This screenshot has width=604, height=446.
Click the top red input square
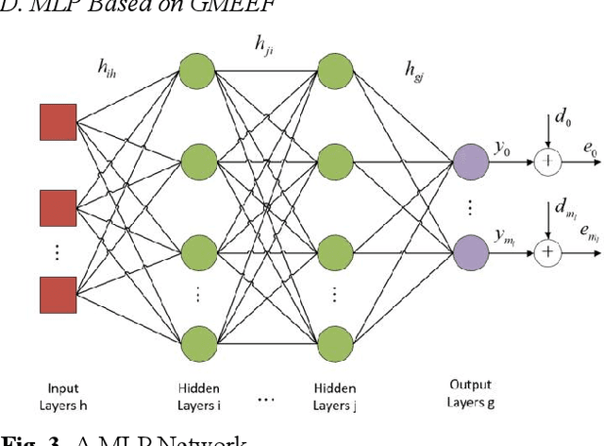(x=58, y=122)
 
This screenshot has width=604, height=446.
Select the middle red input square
(x=58, y=206)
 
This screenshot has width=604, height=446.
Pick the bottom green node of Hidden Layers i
(x=197, y=342)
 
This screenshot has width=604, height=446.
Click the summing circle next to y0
(x=546, y=162)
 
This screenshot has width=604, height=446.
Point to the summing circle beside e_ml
(x=546, y=252)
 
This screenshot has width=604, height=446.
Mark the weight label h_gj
(x=412, y=67)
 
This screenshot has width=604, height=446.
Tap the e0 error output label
(x=588, y=149)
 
